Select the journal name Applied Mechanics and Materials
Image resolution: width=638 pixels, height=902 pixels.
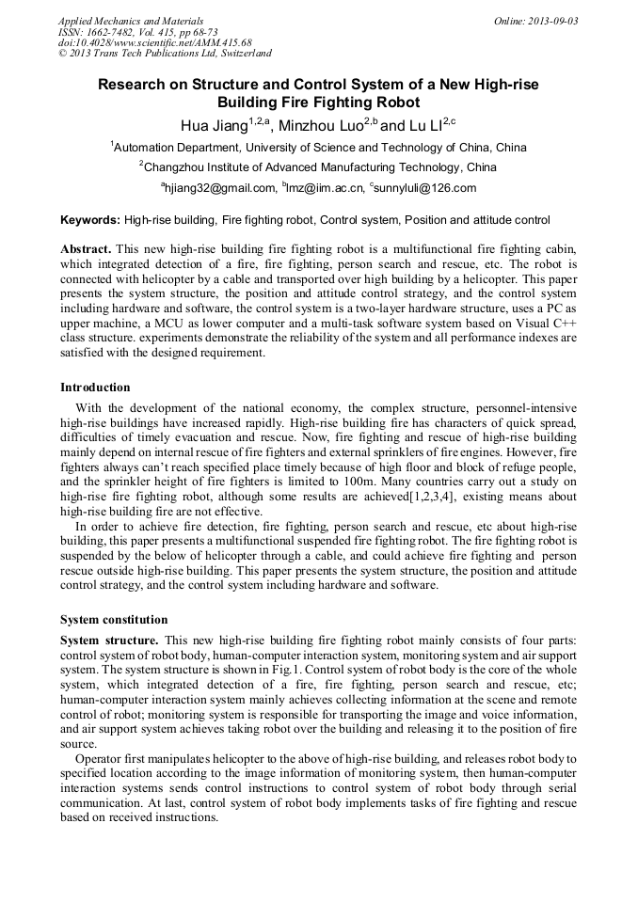coord(131,21)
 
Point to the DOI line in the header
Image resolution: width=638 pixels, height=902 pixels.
coord(154,42)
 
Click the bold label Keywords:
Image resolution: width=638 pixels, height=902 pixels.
coord(90,221)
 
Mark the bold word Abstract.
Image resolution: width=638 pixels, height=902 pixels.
coord(86,249)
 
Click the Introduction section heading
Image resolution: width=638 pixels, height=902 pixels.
coord(95,388)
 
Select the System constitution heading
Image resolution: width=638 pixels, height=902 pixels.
coord(114,620)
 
